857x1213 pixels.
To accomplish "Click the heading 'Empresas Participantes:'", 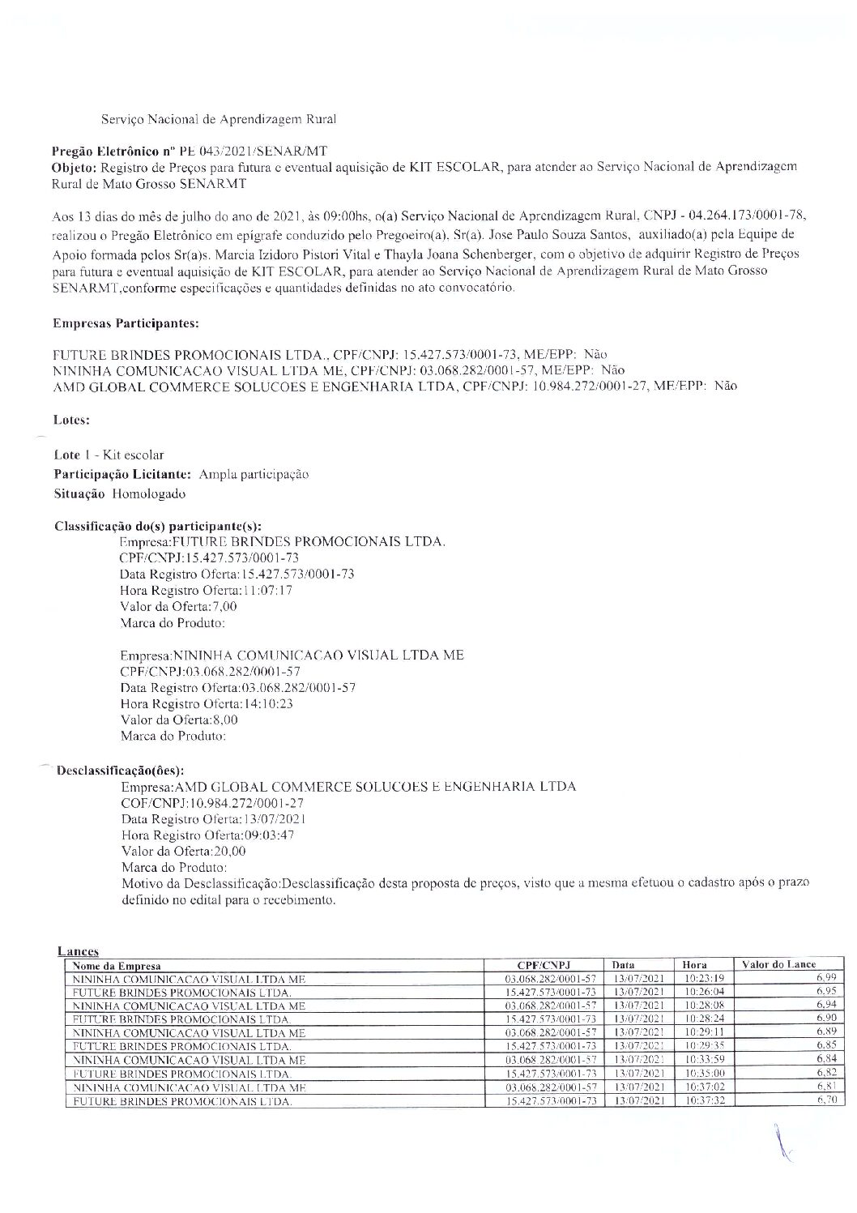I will (126, 323).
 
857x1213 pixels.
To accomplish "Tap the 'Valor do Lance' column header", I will (778, 964).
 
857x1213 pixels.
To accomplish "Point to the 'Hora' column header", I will (694, 965).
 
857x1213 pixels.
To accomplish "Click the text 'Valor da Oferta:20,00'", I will (183, 852).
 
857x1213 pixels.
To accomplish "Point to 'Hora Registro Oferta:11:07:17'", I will (206, 591).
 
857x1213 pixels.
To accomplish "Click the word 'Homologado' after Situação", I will (149, 493).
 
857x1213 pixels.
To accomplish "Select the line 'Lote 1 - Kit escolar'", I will (109, 455).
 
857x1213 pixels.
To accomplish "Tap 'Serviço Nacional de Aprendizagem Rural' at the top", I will (219, 119).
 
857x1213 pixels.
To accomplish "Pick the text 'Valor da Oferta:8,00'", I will (179, 720).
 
